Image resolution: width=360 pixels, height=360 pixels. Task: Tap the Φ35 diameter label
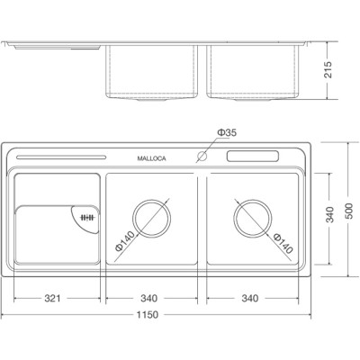click(227, 133)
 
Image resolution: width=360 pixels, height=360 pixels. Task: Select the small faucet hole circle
click(202, 157)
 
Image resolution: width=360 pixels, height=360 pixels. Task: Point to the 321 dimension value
click(53, 298)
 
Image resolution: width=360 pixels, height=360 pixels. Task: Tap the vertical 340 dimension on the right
click(331, 217)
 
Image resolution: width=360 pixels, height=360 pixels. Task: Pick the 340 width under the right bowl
click(250, 298)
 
